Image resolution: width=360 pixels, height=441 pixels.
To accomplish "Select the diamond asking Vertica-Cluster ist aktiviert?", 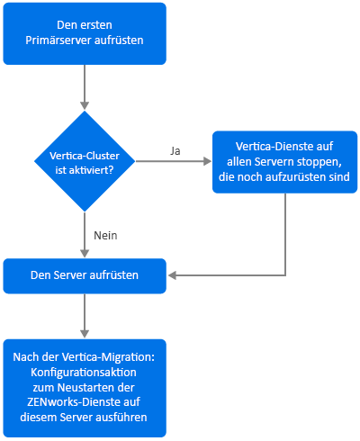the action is pos(85,161).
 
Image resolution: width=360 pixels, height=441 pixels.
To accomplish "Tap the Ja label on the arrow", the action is pos(175,150).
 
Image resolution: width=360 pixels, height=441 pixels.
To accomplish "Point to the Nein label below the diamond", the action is pos(105,236).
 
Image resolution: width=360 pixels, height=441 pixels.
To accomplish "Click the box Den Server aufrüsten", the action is pos(85,276).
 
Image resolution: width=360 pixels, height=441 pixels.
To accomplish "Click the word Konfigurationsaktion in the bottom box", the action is pos(84,373).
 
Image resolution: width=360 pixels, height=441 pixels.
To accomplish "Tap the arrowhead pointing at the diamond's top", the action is pos(85,105).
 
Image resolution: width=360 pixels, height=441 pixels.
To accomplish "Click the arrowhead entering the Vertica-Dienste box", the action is pos(208,161).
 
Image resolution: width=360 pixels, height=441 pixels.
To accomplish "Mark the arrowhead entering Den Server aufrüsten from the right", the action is pos(172,275).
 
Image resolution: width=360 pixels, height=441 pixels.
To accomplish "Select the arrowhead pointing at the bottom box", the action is pos(85,333).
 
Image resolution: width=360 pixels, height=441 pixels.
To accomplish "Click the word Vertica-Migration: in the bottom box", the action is pos(108,357).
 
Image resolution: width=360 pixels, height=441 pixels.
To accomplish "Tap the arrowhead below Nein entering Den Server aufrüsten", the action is pos(85,253).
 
